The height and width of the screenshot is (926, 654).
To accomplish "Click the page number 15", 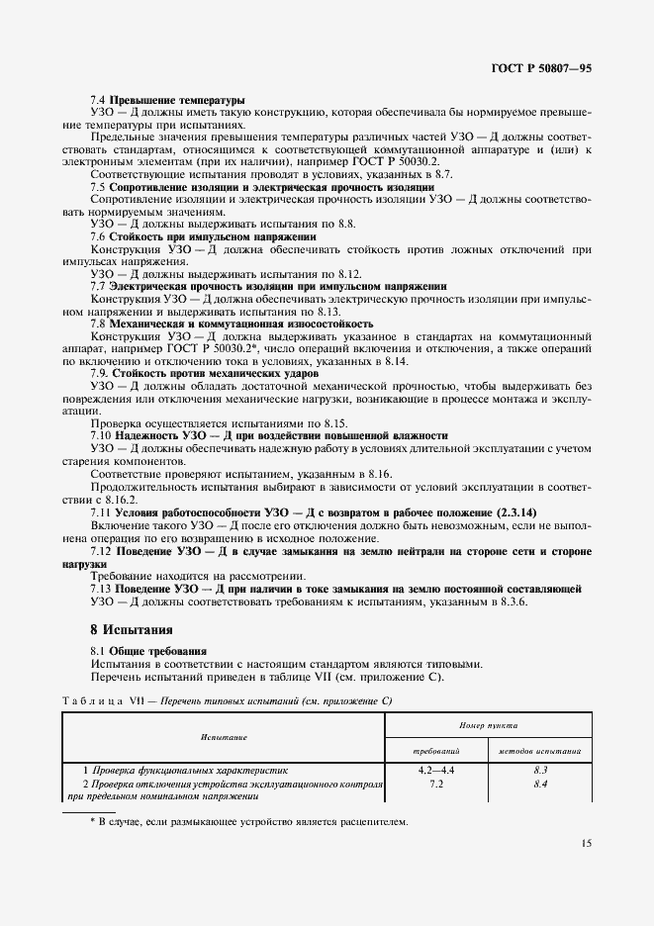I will pyautogui.click(x=586, y=844).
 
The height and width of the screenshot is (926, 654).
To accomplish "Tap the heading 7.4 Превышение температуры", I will pyautogui.click(x=167, y=101).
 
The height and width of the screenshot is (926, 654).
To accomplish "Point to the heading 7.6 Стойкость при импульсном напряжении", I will pyautogui.click(x=203, y=236).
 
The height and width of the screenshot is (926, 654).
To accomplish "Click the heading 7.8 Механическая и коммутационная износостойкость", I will pyautogui.click(x=232, y=324).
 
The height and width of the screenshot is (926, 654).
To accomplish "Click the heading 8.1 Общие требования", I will pyautogui.click(x=148, y=650).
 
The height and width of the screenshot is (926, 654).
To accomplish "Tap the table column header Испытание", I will pyautogui.click(x=224, y=737).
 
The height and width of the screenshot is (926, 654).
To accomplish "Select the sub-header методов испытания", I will pyautogui.click(x=539, y=752).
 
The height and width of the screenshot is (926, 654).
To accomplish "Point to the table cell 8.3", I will pyautogui.click(x=540, y=769).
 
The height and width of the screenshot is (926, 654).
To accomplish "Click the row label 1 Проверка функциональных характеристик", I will pyautogui.click(x=184, y=769).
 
